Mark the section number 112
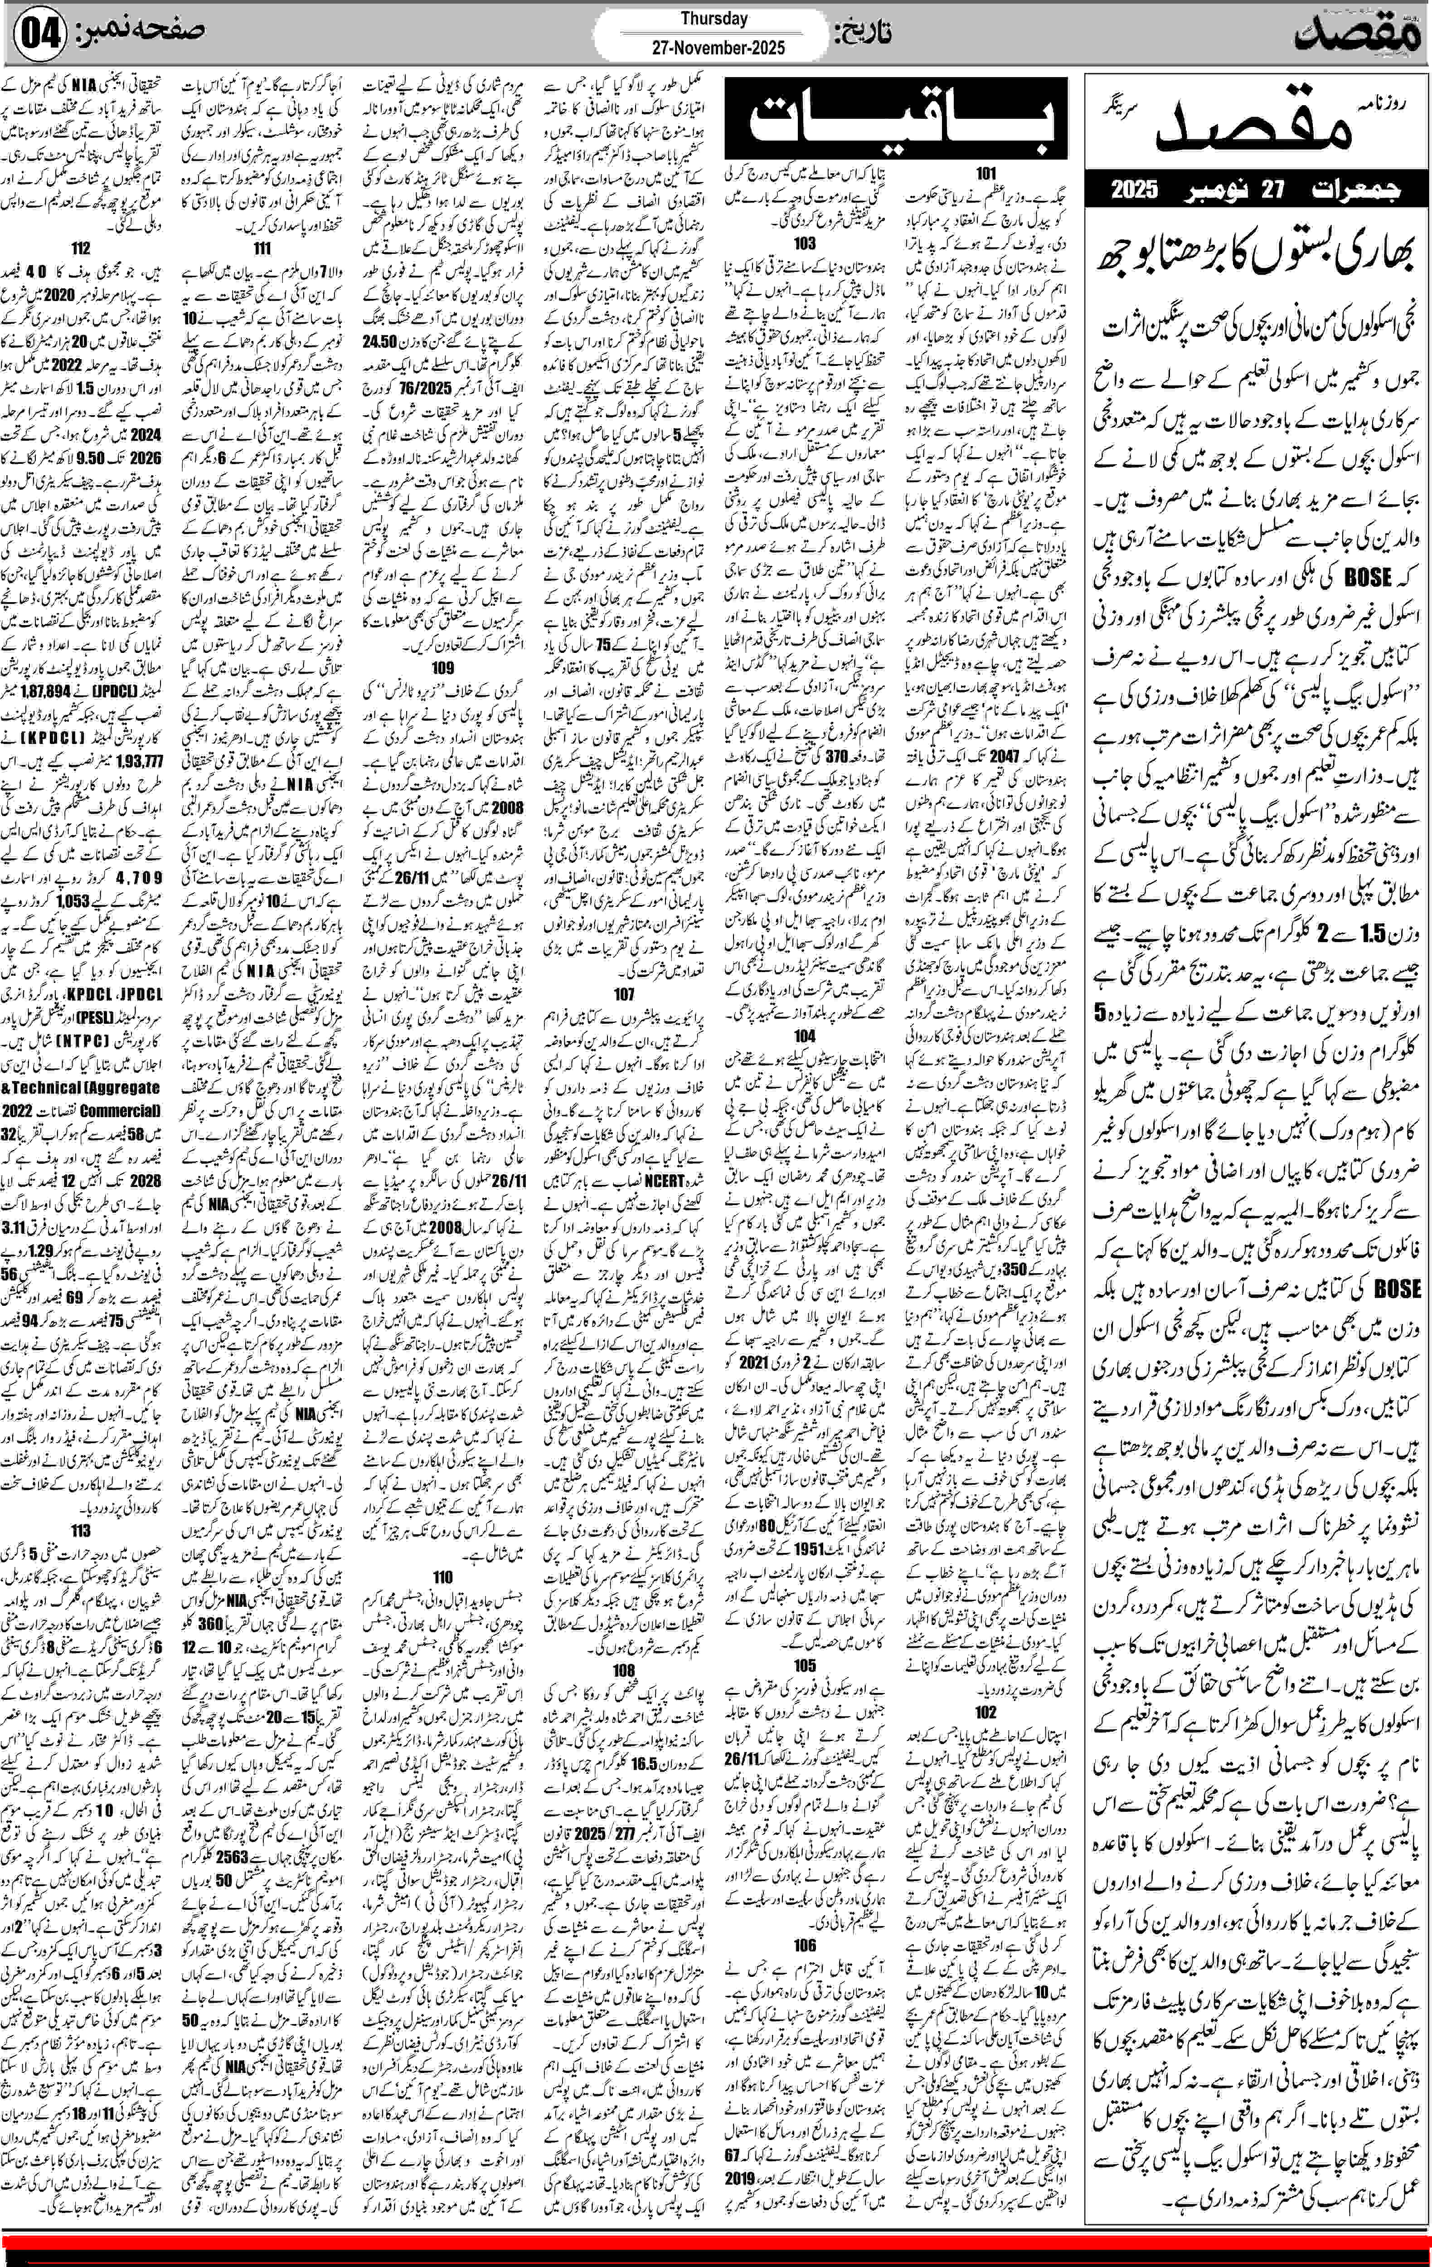coord(81,248)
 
